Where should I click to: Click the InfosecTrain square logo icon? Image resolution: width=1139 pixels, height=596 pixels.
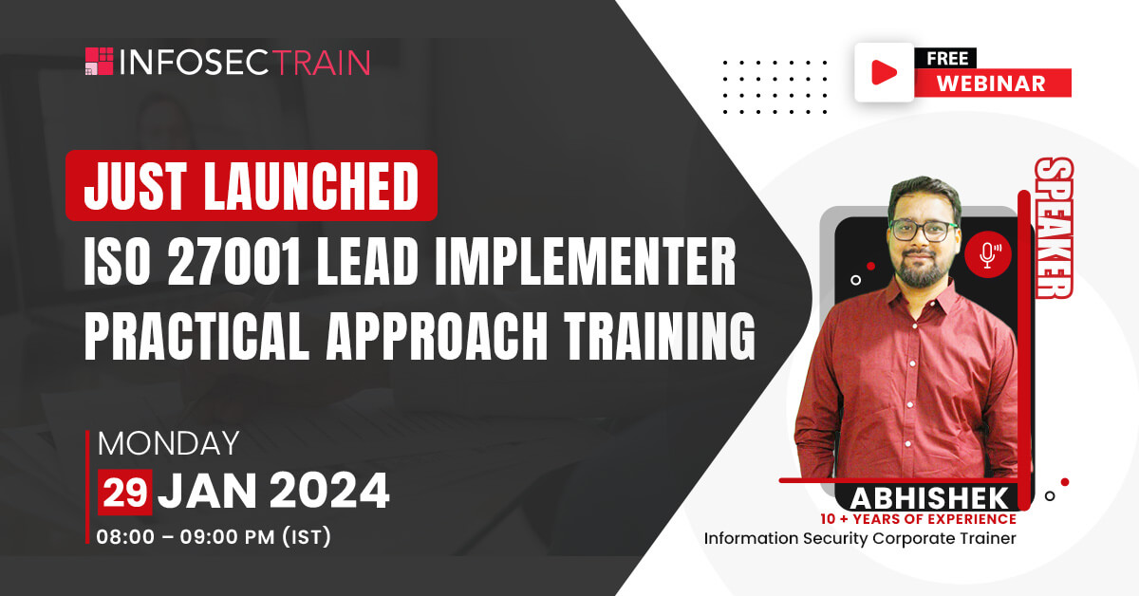[99, 61]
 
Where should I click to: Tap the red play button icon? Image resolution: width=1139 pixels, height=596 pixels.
[885, 72]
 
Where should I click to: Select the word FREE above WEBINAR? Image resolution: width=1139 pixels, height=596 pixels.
[947, 59]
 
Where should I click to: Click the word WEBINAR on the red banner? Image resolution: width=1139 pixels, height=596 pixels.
[991, 84]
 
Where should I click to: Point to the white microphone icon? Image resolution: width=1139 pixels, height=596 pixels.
[988, 255]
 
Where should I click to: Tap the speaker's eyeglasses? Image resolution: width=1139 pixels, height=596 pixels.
[924, 231]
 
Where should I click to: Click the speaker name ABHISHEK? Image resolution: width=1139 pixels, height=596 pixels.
[928, 498]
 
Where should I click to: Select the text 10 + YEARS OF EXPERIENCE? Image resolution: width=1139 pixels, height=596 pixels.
[919, 519]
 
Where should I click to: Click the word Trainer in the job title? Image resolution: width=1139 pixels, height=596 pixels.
[987, 538]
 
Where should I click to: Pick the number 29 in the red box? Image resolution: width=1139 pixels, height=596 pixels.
[125, 493]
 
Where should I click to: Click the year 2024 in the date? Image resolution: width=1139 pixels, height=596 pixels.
[329, 491]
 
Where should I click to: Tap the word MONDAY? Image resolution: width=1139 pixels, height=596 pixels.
[168, 443]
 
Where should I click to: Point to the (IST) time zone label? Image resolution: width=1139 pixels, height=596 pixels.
[307, 536]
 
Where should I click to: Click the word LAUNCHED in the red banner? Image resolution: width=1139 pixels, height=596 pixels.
[311, 186]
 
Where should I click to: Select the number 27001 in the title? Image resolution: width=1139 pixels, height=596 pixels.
[233, 262]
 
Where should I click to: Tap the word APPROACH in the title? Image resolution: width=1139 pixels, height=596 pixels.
[437, 336]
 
